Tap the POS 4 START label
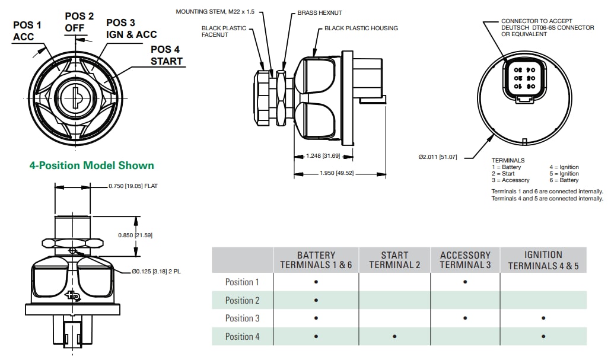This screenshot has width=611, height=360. [x=166, y=55]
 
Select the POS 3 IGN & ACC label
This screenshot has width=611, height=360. [x=131, y=28]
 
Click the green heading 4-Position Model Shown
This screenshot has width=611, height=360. [x=91, y=165]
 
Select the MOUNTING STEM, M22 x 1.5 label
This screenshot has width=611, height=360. [x=218, y=11]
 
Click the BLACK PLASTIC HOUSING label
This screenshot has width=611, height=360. [x=361, y=28]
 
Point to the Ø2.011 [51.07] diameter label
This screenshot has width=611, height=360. [x=438, y=157]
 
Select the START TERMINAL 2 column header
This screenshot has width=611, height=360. [x=394, y=260]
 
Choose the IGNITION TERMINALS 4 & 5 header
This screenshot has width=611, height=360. [x=543, y=260]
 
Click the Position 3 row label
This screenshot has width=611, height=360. [x=242, y=318]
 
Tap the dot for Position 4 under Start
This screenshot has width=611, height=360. [x=394, y=337]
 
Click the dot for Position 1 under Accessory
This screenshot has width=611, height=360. [x=465, y=282]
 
